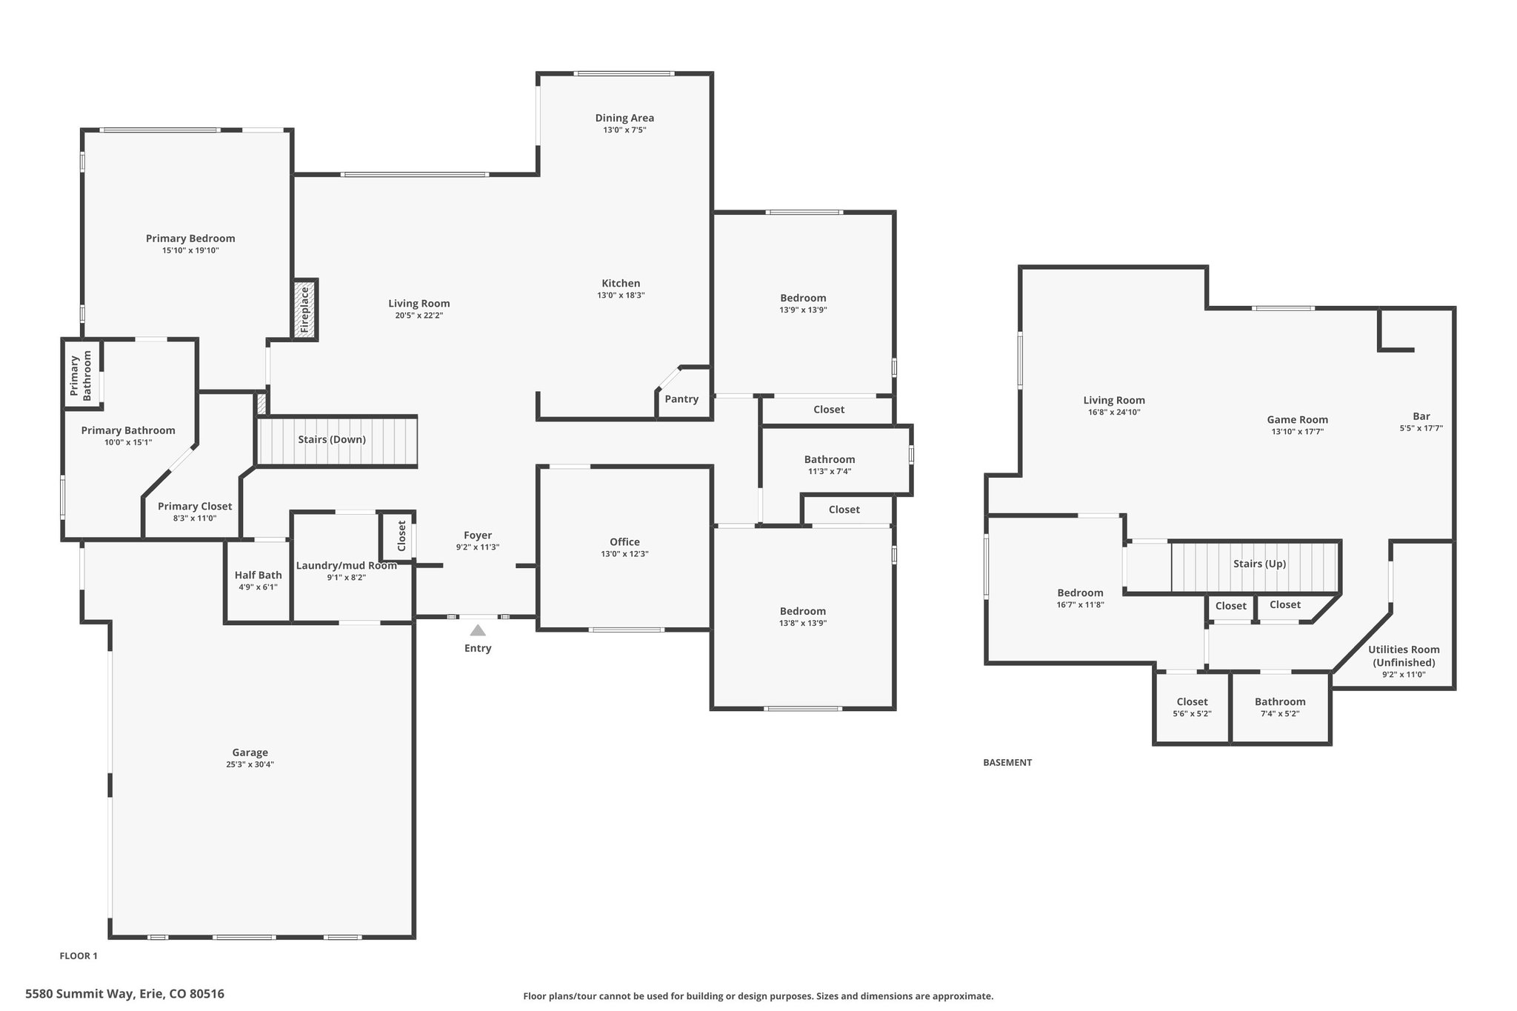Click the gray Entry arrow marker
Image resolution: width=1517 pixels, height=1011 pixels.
click(478, 630)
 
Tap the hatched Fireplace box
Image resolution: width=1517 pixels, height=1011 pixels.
click(304, 310)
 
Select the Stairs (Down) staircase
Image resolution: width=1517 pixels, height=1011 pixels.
click(336, 441)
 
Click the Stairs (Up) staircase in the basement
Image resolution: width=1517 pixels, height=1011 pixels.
click(1255, 566)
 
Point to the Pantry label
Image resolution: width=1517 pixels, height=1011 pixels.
click(681, 399)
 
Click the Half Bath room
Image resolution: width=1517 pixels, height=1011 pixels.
click(258, 581)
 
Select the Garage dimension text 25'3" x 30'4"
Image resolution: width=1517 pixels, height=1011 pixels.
click(250, 764)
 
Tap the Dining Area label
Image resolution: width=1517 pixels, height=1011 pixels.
click(624, 118)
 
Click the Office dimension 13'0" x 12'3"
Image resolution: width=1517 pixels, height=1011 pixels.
click(624, 554)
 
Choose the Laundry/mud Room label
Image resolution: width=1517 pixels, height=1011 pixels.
click(347, 566)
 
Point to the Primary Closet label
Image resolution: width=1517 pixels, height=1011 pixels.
click(195, 507)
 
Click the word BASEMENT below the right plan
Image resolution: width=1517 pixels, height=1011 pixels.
click(1007, 762)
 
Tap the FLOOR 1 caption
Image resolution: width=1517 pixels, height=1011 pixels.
click(79, 955)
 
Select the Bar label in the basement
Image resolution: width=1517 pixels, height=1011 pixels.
click(1421, 416)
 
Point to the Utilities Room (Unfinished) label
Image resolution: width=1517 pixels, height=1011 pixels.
click(1404, 656)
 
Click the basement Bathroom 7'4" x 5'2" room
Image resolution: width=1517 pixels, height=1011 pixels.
click(1280, 707)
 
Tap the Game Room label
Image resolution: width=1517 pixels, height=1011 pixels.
click(1297, 419)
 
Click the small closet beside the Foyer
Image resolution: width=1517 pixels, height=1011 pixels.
click(398, 535)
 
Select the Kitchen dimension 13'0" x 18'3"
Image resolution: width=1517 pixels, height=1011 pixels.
click(621, 295)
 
